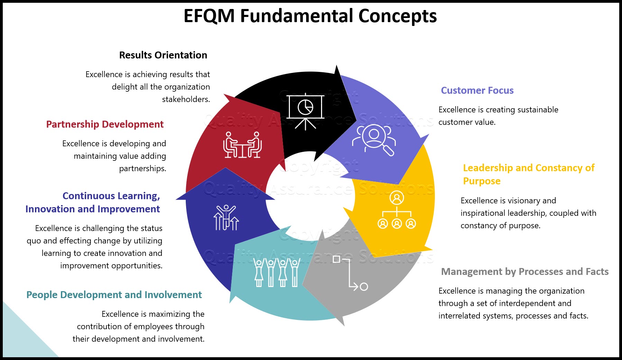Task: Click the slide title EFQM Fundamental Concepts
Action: coord(310,16)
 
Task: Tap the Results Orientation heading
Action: coord(163,55)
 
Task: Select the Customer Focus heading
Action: coord(477,90)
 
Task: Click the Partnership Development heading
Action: coord(105,124)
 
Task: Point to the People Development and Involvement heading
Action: coord(114,295)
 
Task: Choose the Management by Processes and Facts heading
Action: coord(525,271)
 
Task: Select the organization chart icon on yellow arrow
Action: coord(397,210)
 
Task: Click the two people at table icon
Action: coord(242,145)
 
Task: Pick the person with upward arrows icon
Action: coord(226,218)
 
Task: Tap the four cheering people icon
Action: coord(276,273)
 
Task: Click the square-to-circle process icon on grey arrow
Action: coord(350,273)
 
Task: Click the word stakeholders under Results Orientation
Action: coord(186,99)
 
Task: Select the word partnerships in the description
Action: coord(143,168)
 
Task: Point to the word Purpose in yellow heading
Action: coord(482,181)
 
